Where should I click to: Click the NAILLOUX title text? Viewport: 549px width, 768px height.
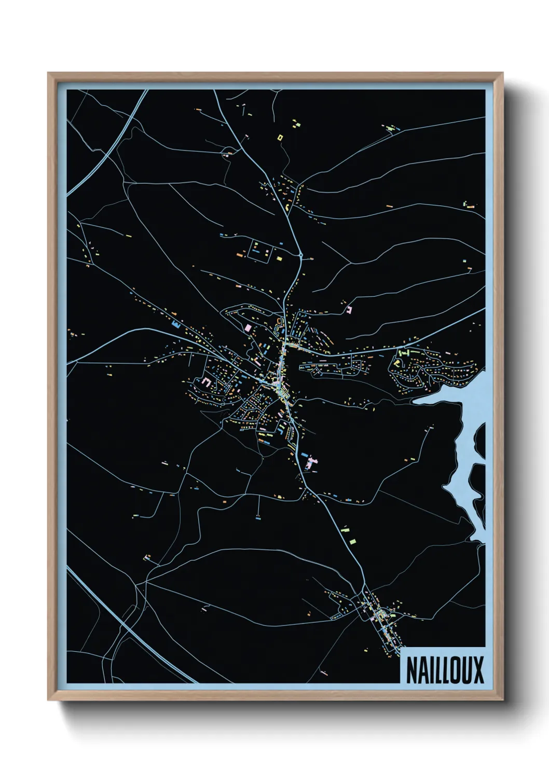tap(444, 670)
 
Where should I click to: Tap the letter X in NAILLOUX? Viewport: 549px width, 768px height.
tap(477, 670)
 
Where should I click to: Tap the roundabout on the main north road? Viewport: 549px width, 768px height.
tap(301, 255)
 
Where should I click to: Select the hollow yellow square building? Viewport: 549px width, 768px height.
tap(280, 138)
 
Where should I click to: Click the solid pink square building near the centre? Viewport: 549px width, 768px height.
tap(248, 328)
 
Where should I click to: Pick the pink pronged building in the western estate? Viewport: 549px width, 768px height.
tap(207, 382)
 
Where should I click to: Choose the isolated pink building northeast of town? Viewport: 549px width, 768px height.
tap(349, 309)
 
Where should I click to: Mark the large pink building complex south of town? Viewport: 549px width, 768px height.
tap(311, 462)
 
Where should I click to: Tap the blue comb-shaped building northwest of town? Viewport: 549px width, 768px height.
tap(176, 325)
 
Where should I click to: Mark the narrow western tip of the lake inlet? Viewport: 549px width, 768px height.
tap(415, 401)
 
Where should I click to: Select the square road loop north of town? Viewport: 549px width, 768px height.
tap(259, 250)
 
